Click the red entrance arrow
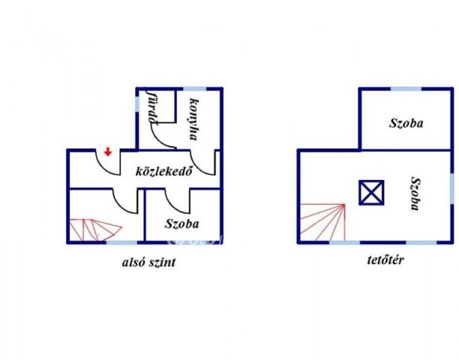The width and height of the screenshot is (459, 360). (x=108, y=152)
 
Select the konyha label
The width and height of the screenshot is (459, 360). (x=193, y=119)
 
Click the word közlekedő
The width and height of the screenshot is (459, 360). (x=164, y=171)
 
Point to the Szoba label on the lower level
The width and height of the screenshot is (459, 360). (x=182, y=223)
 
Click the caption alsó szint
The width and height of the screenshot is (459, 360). (x=149, y=262)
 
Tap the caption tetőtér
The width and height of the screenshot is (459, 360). (x=385, y=259)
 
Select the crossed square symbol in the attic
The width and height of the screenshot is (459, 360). (x=371, y=192)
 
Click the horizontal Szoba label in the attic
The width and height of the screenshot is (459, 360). (x=406, y=123)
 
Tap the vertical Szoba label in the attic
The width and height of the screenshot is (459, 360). (x=415, y=193)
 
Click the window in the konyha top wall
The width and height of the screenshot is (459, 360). (x=194, y=88)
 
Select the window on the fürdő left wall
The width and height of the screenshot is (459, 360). (x=137, y=103)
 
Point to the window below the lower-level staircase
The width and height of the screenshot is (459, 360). (x=121, y=242)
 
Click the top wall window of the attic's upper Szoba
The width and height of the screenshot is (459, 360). (x=406, y=88)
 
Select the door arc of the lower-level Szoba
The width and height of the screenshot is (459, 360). (x=175, y=205)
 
